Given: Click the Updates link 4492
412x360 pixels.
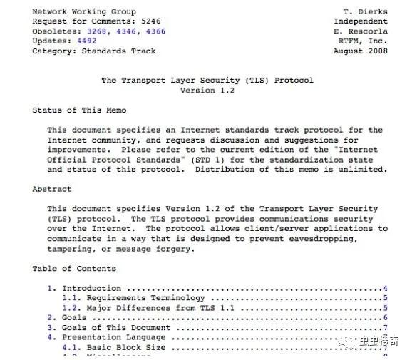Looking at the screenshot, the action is click(x=88, y=41).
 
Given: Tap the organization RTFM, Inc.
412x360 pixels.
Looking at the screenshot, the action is click(x=364, y=41).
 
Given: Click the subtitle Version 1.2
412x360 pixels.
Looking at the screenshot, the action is click(x=207, y=91).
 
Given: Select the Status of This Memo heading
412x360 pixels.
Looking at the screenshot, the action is click(x=78, y=110).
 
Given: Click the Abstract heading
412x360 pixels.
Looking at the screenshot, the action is click(x=51, y=190).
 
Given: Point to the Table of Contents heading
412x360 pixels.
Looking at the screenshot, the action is click(x=73, y=269).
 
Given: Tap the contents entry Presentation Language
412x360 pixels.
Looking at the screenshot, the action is click(x=103, y=338).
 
